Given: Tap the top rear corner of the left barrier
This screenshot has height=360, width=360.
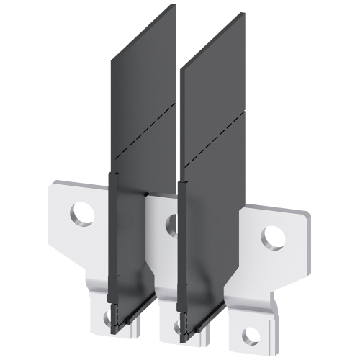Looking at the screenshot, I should pos(175,5).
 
